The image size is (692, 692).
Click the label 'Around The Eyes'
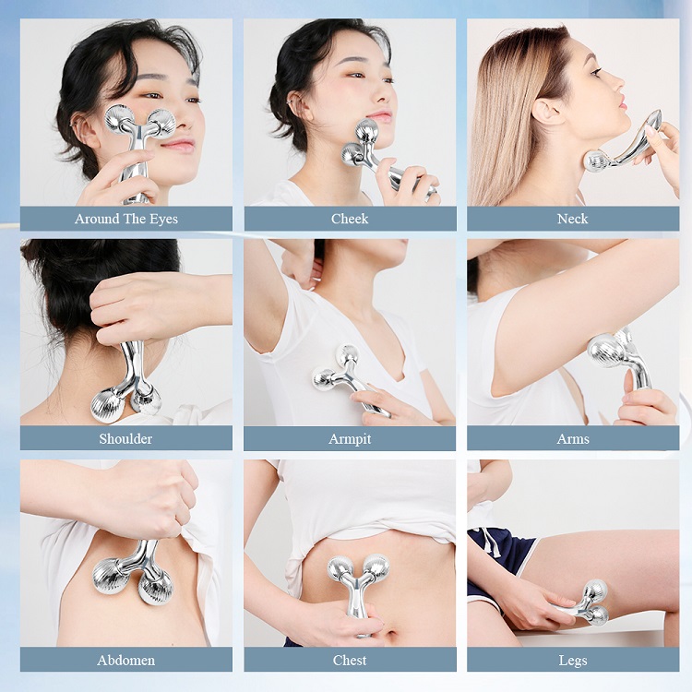126,219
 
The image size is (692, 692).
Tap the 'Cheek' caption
350,219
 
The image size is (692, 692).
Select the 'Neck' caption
573,219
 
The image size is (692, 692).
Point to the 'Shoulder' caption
126,438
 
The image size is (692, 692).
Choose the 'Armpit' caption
350,438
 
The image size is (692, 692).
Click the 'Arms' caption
573,438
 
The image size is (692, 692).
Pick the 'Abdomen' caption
126,660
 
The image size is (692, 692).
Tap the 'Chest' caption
350,660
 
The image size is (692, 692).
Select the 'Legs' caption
573,660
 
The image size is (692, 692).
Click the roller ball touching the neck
598,161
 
